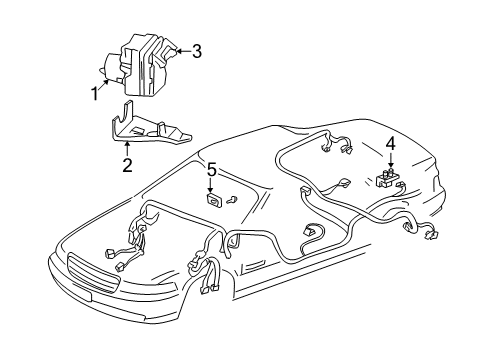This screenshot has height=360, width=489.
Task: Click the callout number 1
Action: [x=96, y=94]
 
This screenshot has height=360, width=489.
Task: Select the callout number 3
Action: [x=196, y=52]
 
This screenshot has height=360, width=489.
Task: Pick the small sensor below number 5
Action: [x=212, y=200]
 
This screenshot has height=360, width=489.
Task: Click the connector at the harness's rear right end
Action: [x=437, y=263]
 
